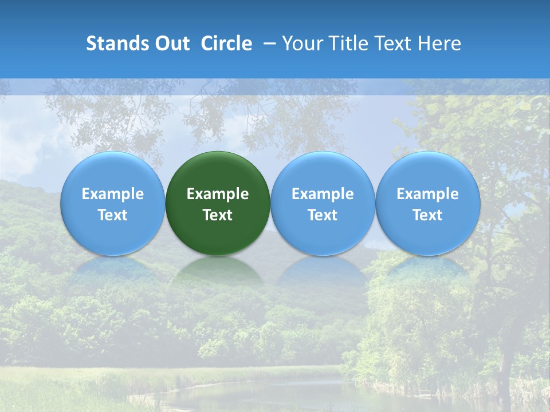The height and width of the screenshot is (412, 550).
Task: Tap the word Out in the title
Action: [x=172, y=43]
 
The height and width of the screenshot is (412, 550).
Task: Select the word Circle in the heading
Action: [x=226, y=43]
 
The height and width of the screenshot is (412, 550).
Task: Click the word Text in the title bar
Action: [x=394, y=43]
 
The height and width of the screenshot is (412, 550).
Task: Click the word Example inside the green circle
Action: [x=218, y=194]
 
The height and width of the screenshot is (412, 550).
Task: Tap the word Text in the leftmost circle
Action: [x=112, y=215]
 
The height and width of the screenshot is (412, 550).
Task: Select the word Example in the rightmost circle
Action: [x=427, y=194]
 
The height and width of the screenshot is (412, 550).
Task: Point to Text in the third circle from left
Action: [x=323, y=215]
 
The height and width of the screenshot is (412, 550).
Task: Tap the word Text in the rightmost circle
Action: [x=427, y=215]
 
